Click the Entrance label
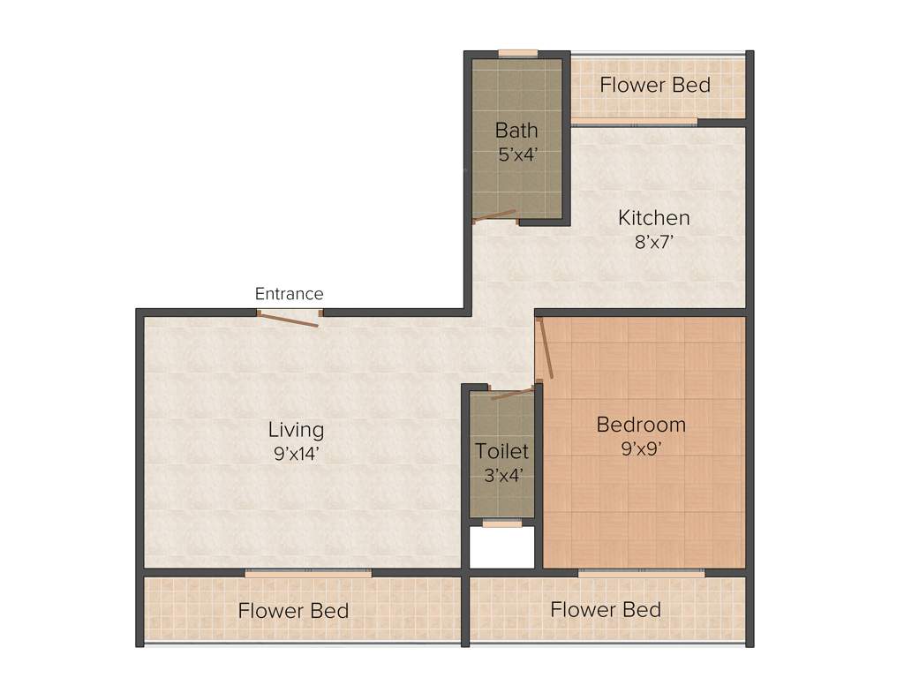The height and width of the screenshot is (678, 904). pos(289,294)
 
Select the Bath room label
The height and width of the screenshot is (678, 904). pos(516,131)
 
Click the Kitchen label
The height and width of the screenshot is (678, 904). pos(653,218)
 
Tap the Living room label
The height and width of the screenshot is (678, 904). pos(296,430)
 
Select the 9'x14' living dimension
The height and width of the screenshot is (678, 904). pos(296,453)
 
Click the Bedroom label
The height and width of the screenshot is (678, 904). pos(641,425)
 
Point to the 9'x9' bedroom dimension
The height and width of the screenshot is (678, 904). pos(641,448)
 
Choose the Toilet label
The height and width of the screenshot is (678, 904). pos(501,451)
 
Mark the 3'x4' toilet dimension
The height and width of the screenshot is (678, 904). pos(501,474)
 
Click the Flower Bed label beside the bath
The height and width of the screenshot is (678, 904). pos(655,86)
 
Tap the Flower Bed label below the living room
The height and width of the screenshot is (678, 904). pos(293,611)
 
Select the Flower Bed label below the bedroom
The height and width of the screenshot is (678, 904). pos(605,609)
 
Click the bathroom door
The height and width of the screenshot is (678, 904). pos(494,216)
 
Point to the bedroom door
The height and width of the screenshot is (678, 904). pos(546,350)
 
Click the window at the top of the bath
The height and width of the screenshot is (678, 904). pos(517,54)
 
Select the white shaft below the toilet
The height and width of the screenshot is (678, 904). pos(501,548)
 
